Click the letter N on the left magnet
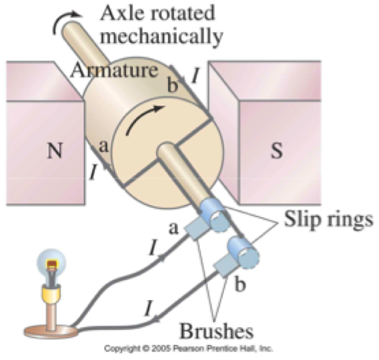55,151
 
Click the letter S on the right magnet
277,151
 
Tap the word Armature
114,70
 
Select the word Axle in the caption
122,13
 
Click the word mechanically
162,36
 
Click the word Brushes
217,331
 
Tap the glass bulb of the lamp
51,262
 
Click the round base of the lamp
51,331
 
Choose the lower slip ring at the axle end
243,252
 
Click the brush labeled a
195,228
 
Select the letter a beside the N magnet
104,146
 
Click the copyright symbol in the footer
145,349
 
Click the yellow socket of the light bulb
51,291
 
